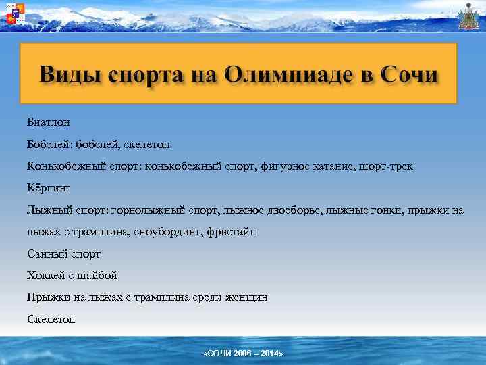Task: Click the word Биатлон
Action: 49,122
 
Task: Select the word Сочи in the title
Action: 409,74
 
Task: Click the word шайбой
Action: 100,275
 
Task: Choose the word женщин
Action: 244,297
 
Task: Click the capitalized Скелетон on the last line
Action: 51,318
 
